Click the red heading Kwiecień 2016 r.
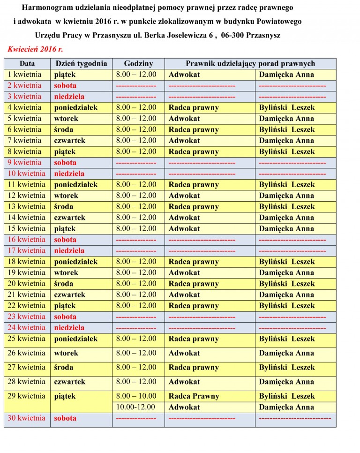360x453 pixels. pyautogui.click(x=35, y=49)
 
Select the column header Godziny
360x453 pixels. pyautogui.click(x=138, y=64)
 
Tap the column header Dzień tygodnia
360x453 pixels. pyautogui.click(x=81, y=64)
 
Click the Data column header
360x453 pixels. pyautogui.click(x=27, y=64)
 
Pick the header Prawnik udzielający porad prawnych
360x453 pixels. pyautogui.click(x=250, y=64)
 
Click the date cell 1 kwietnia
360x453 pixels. pyautogui.click(x=24, y=75)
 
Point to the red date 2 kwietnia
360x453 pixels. pyautogui.click(x=24, y=85)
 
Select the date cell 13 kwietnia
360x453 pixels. pyautogui.click(x=26, y=207)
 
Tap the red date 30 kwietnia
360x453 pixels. pyautogui.click(x=26, y=418)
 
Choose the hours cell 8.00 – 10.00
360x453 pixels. pyautogui.click(x=136, y=396)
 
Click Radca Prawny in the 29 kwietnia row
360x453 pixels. pyautogui.click(x=194, y=396)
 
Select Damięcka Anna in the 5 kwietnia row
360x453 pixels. pyautogui.click(x=286, y=119)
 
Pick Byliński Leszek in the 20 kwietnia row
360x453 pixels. pyautogui.click(x=286, y=284)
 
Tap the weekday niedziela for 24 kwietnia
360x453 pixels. pyautogui.click(x=69, y=328)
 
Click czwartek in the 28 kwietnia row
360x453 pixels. pyautogui.click(x=70, y=382)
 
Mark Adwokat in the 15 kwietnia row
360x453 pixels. pyautogui.click(x=184, y=229)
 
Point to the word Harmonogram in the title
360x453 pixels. pyautogui.click(x=44, y=8)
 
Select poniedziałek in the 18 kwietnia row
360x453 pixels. pyautogui.click(x=76, y=262)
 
